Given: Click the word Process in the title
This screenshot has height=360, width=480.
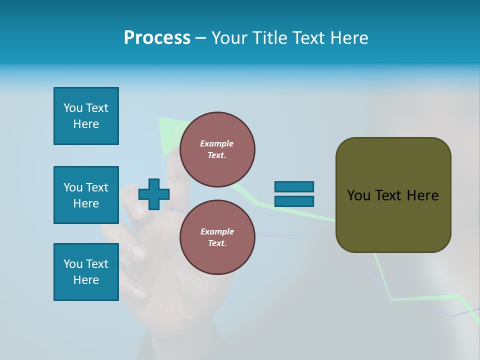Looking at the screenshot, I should tap(157, 38).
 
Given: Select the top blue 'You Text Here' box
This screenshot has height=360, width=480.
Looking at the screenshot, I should tap(86, 116).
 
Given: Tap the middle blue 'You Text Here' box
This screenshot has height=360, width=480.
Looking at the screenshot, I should tap(86, 195).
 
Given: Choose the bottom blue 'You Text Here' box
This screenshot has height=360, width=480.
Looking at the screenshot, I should tap(86, 272).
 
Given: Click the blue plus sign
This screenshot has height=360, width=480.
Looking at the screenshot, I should tap(154, 194).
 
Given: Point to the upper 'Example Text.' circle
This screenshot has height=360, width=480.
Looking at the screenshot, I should tap(217, 149).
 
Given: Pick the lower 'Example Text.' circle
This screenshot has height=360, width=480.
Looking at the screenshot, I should tap(217, 237).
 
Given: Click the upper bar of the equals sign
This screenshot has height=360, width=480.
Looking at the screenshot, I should tap(294, 186).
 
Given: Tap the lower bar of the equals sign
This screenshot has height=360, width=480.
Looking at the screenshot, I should tap(294, 201).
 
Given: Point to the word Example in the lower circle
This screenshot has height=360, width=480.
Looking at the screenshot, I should tap(217, 231).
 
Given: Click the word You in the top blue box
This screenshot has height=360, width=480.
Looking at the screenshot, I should tap(72, 108).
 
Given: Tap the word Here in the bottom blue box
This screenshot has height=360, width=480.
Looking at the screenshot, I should tap(86, 280).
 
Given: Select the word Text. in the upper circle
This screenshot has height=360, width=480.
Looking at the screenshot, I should tap(217, 155).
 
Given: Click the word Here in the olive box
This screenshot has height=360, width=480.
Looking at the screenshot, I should tap(422, 195).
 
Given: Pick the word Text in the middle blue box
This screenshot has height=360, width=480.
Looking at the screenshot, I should tap(96, 187).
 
